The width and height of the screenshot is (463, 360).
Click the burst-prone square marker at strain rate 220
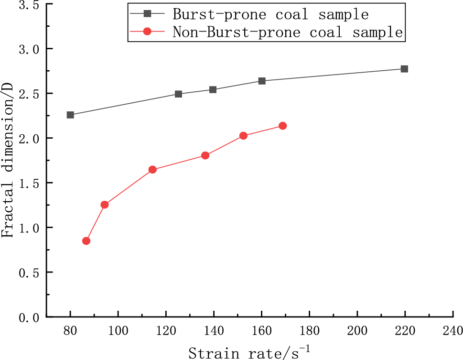[x=404, y=69]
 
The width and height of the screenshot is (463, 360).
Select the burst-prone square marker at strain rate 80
[x=70, y=115]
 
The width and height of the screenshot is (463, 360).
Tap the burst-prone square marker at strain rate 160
[x=262, y=81]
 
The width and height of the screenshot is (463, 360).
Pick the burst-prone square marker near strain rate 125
[x=178, y=94]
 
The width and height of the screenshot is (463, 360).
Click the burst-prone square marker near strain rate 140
[x=213, y=89]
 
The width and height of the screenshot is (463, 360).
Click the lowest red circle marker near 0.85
[x=86, y=241]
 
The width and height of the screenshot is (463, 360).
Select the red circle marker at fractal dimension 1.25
[x=105, y=205]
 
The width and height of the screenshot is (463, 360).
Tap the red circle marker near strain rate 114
[x=152, y=170]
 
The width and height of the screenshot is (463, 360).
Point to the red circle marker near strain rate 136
[x=205, y=155]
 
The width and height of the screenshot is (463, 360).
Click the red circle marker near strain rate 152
[x=243, y=136]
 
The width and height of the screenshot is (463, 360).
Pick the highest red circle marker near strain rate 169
[x=282, y=126]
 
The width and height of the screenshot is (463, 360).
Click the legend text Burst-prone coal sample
[x=270, y=14]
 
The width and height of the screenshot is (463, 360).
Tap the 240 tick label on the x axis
[x=452, y=331]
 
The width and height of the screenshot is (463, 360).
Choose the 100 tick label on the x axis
[x=118, y=331]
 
